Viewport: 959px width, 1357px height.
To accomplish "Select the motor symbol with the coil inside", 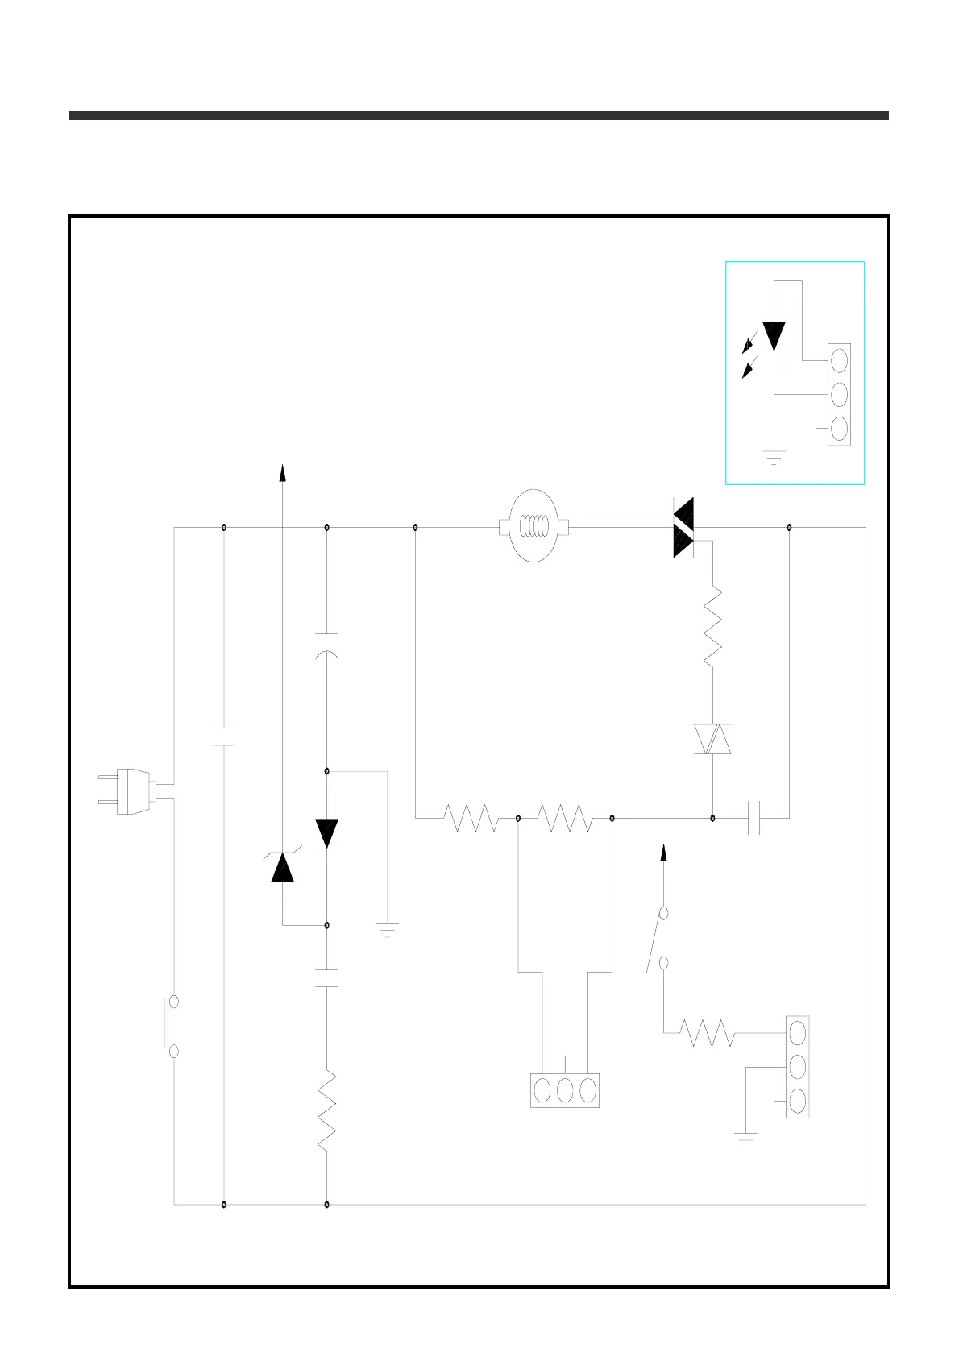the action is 534,526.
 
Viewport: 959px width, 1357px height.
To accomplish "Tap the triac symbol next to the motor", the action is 684,528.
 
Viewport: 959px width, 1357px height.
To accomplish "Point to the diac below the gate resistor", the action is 712,739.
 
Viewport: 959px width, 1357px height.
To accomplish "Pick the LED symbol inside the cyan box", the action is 774,335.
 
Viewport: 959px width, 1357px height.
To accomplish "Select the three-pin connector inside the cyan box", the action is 839,394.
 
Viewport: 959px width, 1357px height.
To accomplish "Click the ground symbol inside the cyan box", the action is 774,458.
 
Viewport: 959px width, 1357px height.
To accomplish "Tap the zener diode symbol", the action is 282,866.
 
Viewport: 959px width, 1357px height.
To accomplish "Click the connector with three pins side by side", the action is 565,1090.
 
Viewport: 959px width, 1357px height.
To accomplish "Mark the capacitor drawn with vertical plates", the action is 753,818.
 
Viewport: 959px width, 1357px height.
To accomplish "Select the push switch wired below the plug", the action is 172,1026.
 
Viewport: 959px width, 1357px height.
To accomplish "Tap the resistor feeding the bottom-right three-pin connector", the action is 707,1032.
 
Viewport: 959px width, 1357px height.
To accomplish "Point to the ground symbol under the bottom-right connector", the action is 745,1139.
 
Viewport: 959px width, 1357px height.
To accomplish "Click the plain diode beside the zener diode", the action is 326,832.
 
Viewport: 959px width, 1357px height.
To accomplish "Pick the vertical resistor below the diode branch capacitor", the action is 326,1111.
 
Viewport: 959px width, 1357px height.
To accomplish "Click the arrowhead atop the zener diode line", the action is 282,473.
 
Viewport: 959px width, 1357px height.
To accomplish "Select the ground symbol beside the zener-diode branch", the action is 388,929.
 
